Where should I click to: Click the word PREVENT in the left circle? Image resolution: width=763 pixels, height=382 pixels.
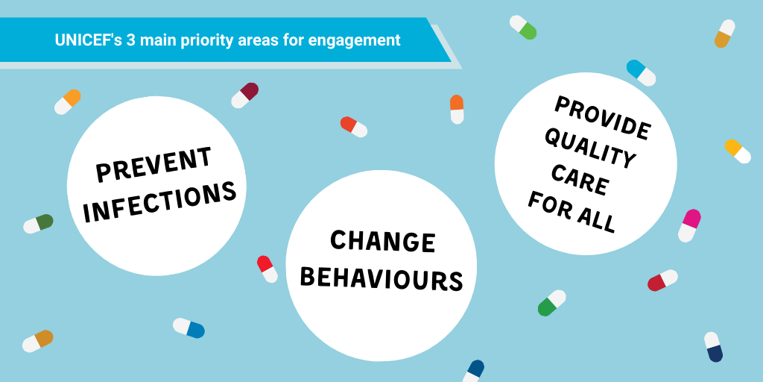[153, 163]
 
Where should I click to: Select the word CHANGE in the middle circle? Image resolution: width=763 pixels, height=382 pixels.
[382, 242]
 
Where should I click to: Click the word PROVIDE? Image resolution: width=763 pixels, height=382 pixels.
[602, 118]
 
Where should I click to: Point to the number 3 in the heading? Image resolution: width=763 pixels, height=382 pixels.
[130, 40]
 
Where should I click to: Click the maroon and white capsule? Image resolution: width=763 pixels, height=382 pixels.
[244, 95]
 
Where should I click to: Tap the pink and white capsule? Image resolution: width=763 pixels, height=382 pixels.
[689, 225]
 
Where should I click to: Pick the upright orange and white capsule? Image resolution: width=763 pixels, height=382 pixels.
[457, 109]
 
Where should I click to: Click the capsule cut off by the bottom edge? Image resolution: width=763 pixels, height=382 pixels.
[473, 372]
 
